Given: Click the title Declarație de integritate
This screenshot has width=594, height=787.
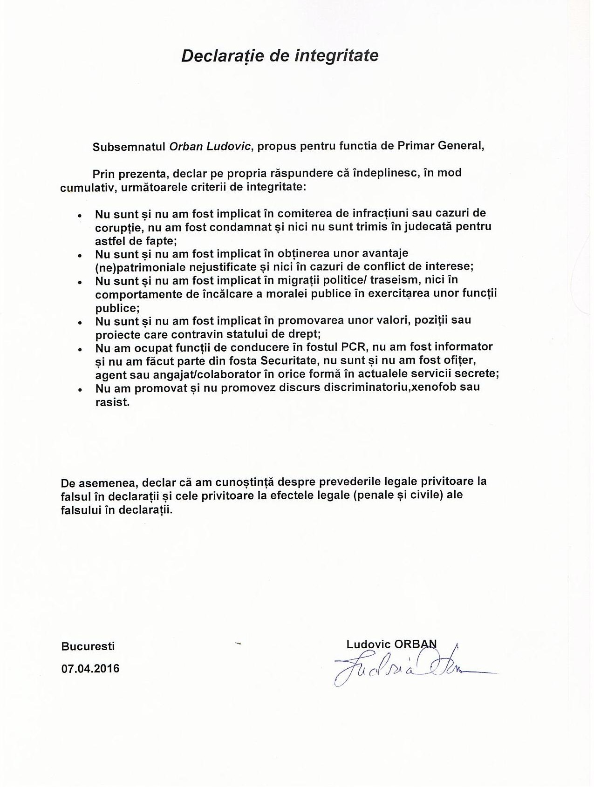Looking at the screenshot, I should [x=280, y=56].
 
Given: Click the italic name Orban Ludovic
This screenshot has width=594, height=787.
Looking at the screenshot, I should [x=211, y=146].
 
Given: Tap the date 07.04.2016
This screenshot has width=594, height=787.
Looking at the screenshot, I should [x=90, y=669].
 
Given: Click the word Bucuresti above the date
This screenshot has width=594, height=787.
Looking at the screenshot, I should [x=88, y=646].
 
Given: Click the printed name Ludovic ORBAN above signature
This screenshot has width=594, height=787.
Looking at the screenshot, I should [x=391, y=645].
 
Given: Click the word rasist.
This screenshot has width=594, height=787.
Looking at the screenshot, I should [x=112, y=402].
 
